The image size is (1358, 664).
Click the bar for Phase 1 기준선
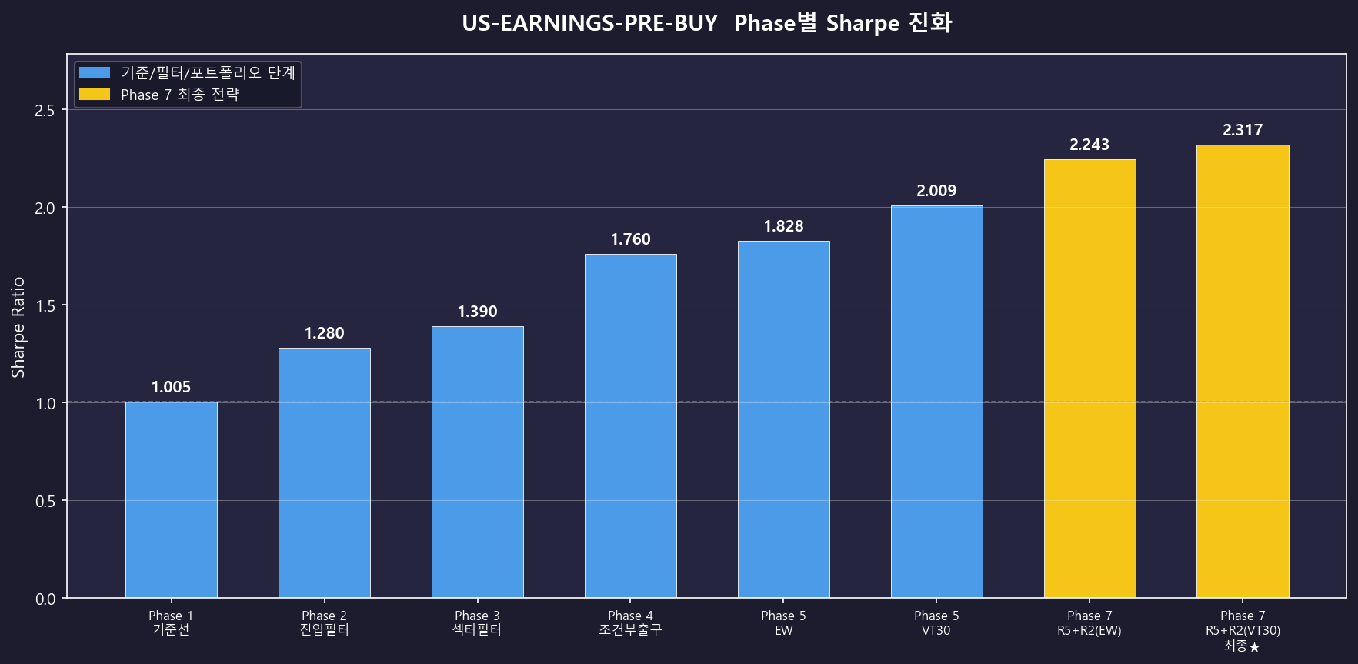point(172,499)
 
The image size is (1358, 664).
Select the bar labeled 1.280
point(325,472)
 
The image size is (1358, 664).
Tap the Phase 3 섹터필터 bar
point(478,462)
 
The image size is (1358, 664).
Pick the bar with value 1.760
point(631,425)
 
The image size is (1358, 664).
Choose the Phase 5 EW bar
point(784,419)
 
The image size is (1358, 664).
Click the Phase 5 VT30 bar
point(937,402)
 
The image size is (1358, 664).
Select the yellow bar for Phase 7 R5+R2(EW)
point(1090,379)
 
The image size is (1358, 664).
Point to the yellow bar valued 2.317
point(1243,371)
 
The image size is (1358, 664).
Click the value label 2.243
point(1089,145)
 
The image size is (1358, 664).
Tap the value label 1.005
point(171,387)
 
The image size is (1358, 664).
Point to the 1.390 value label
point(477,312)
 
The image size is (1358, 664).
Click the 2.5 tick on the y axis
point(45,110)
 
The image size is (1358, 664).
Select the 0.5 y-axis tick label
point(45,501)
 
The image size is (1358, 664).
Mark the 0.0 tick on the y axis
point(45,599)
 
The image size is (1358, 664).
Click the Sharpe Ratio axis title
point(18,327)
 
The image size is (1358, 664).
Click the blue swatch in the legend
point(95,72)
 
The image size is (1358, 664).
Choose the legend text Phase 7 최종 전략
point(180,95)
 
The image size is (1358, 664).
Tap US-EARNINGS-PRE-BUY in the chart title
point(589,23)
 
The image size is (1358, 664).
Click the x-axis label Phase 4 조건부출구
point(631,622)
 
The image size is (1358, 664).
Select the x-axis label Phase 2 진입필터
point(325,622)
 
